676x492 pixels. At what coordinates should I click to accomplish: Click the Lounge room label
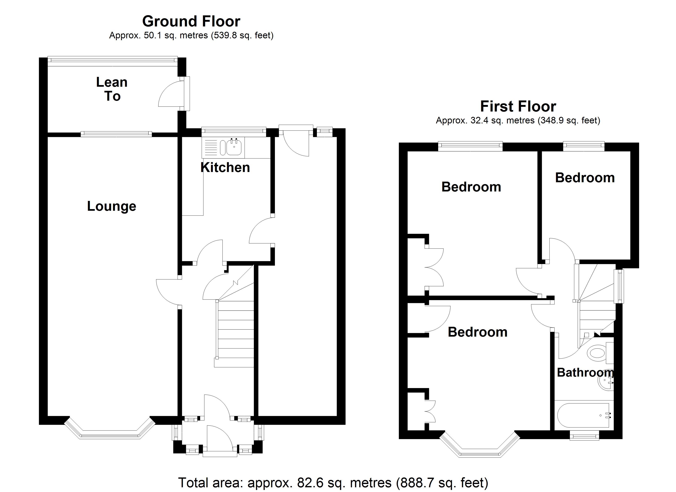[111, 206]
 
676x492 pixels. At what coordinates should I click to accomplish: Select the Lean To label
[112, 89]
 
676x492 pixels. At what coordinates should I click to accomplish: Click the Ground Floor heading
[191, 22]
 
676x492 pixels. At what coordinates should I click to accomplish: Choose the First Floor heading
[518, 107]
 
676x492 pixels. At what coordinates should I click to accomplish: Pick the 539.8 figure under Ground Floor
[222, 35]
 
